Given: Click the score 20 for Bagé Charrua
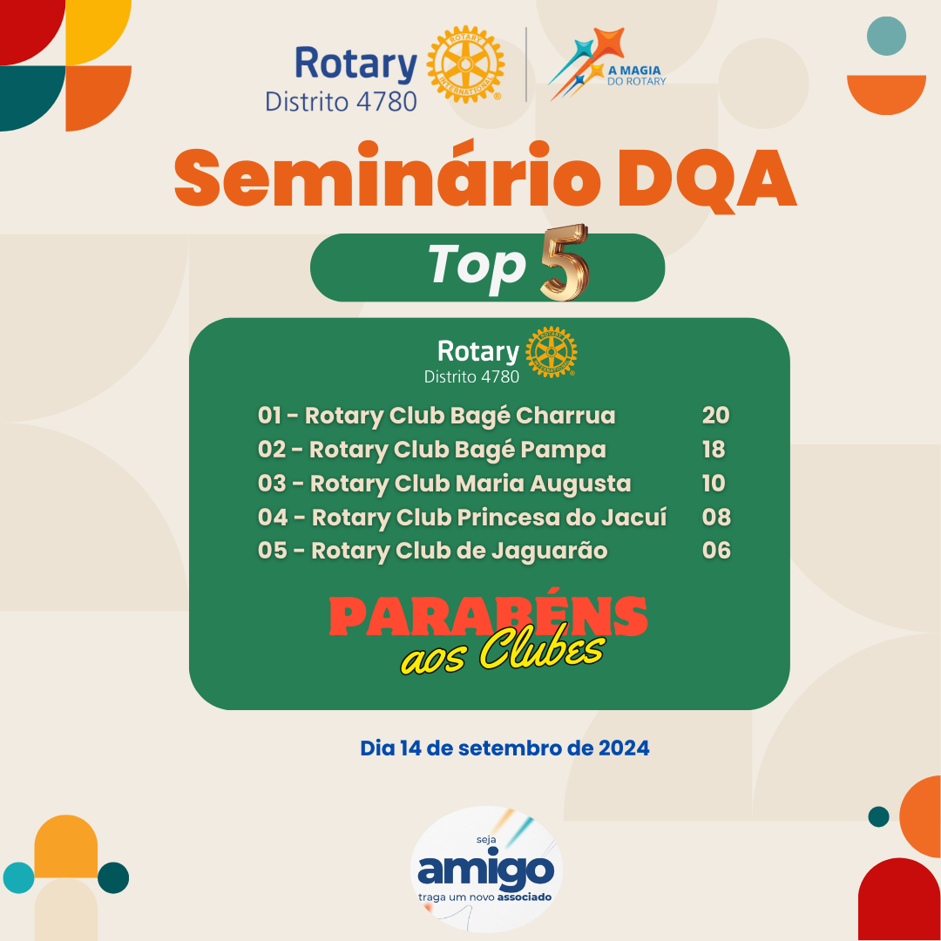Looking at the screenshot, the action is pos(715,416).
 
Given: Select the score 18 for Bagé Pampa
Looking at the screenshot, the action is pos(714,450).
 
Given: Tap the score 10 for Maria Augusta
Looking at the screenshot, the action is pos(714,483).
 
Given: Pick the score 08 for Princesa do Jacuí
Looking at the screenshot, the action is pos(716,518).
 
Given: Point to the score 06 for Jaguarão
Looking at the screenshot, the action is pos(716,551).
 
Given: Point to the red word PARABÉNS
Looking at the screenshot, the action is pos(488,616).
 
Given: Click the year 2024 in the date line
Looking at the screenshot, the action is pos(624,748).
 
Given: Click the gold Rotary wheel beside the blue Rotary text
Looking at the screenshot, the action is pos(465,64).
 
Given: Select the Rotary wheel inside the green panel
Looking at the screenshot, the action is pos(552,352).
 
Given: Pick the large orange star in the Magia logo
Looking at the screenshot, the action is pos(607,44).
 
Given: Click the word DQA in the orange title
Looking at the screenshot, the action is pos(707,179).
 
